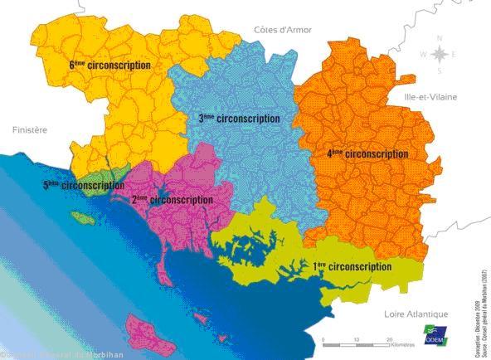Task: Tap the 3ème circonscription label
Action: click(x=238, y=119)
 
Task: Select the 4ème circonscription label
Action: click(x=367, y=154)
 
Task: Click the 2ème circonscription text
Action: click(x=172, y=199)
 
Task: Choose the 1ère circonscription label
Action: click(x=352, y=266)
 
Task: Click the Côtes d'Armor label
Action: click(x=283, y=29)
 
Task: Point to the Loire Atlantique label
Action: click(x=416, y=314)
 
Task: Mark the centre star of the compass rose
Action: click(x=441, y=55)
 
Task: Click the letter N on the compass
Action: click(x=441, y=38)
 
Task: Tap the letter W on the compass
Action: click(x=423, y=55)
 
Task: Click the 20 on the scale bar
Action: click(x=387, y=340)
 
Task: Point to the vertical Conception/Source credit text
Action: click(x=483, y=306)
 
